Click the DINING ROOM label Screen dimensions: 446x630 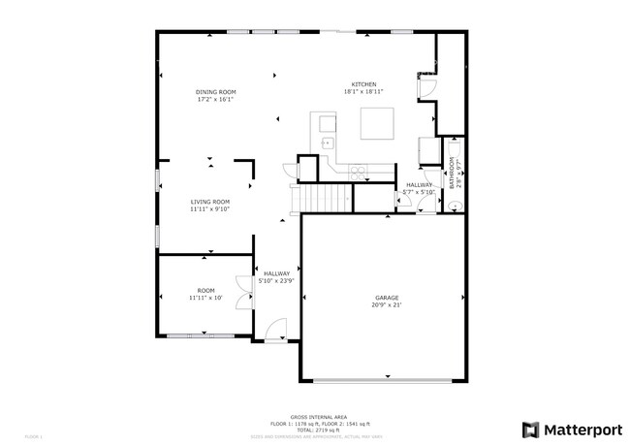[x=215, y=91]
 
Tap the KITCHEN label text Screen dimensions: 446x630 [x=363, y=84]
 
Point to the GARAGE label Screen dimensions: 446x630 [x=387, y=298]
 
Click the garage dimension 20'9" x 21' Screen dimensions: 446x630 [x=387, y=305]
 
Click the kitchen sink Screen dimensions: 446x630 [x=328, y=142]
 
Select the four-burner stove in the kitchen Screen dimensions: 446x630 [x=358, y=174]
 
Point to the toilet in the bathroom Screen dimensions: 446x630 [x=453, y=205]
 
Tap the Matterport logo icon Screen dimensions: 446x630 [x=530, y=429]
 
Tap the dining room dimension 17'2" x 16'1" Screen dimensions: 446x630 [x=215, y=99]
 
